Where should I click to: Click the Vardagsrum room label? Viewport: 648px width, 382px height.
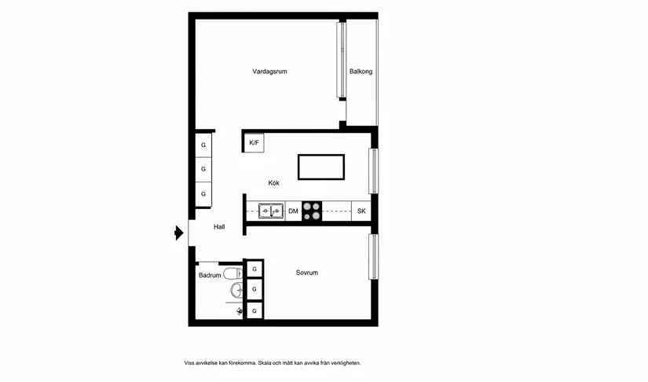(269, 72)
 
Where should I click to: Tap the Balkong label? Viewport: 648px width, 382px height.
(361, 72)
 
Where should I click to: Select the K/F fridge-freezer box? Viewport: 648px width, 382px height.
(254, 142)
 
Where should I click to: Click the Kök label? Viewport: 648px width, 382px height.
(273, 182)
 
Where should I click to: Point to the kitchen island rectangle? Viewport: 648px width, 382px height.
(320, 167)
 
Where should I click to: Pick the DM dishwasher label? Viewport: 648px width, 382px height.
(293, 211)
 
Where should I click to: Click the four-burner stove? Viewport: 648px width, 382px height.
(312, 211)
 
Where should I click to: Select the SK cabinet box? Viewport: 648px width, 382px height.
(361, 211)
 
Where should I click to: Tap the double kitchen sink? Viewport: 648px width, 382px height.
(272, 211)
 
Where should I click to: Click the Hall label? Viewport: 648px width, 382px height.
(219, 226)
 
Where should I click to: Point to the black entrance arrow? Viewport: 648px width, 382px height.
(179, 233)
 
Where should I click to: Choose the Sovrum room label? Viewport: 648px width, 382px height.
(307, 273)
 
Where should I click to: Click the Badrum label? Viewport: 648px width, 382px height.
(209, 276)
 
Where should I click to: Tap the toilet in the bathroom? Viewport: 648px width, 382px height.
(231, 274)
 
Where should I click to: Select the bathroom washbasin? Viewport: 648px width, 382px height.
(236, 292)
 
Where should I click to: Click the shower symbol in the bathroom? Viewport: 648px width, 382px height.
(239, 311)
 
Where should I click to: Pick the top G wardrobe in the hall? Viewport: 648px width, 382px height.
(203, 145)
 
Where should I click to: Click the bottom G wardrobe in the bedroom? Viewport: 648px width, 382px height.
(254, 312)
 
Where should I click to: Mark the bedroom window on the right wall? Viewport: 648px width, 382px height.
(374, 256)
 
